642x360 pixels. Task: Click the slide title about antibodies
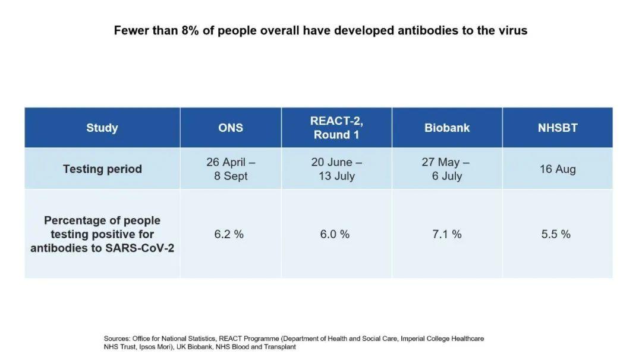(x=320, y=30)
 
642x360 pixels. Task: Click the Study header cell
(x=102, y=128)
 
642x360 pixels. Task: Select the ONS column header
(x=231, y=128)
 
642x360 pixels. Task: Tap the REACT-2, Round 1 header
(x=336, y=128)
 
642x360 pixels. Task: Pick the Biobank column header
(x=447, y=128)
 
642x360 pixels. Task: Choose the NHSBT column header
(x=558, y=128)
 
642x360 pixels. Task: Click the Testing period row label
(x=102, y=169)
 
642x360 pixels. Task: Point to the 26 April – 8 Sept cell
(x=231, y=169)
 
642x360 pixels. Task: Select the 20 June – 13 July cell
(x=336, y=169)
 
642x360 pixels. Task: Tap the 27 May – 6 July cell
(x=447, y=169)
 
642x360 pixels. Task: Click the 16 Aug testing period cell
(x=558, y=169)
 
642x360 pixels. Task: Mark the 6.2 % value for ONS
(x=229, y=234)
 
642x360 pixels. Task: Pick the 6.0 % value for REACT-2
(x=335, y=234)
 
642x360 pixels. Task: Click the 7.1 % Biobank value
(x=447, y=234)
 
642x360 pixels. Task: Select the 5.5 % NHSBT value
(x=556, y=234)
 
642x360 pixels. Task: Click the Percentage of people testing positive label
(x=102, y=234)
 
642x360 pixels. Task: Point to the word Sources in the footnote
(x=116, y=339)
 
